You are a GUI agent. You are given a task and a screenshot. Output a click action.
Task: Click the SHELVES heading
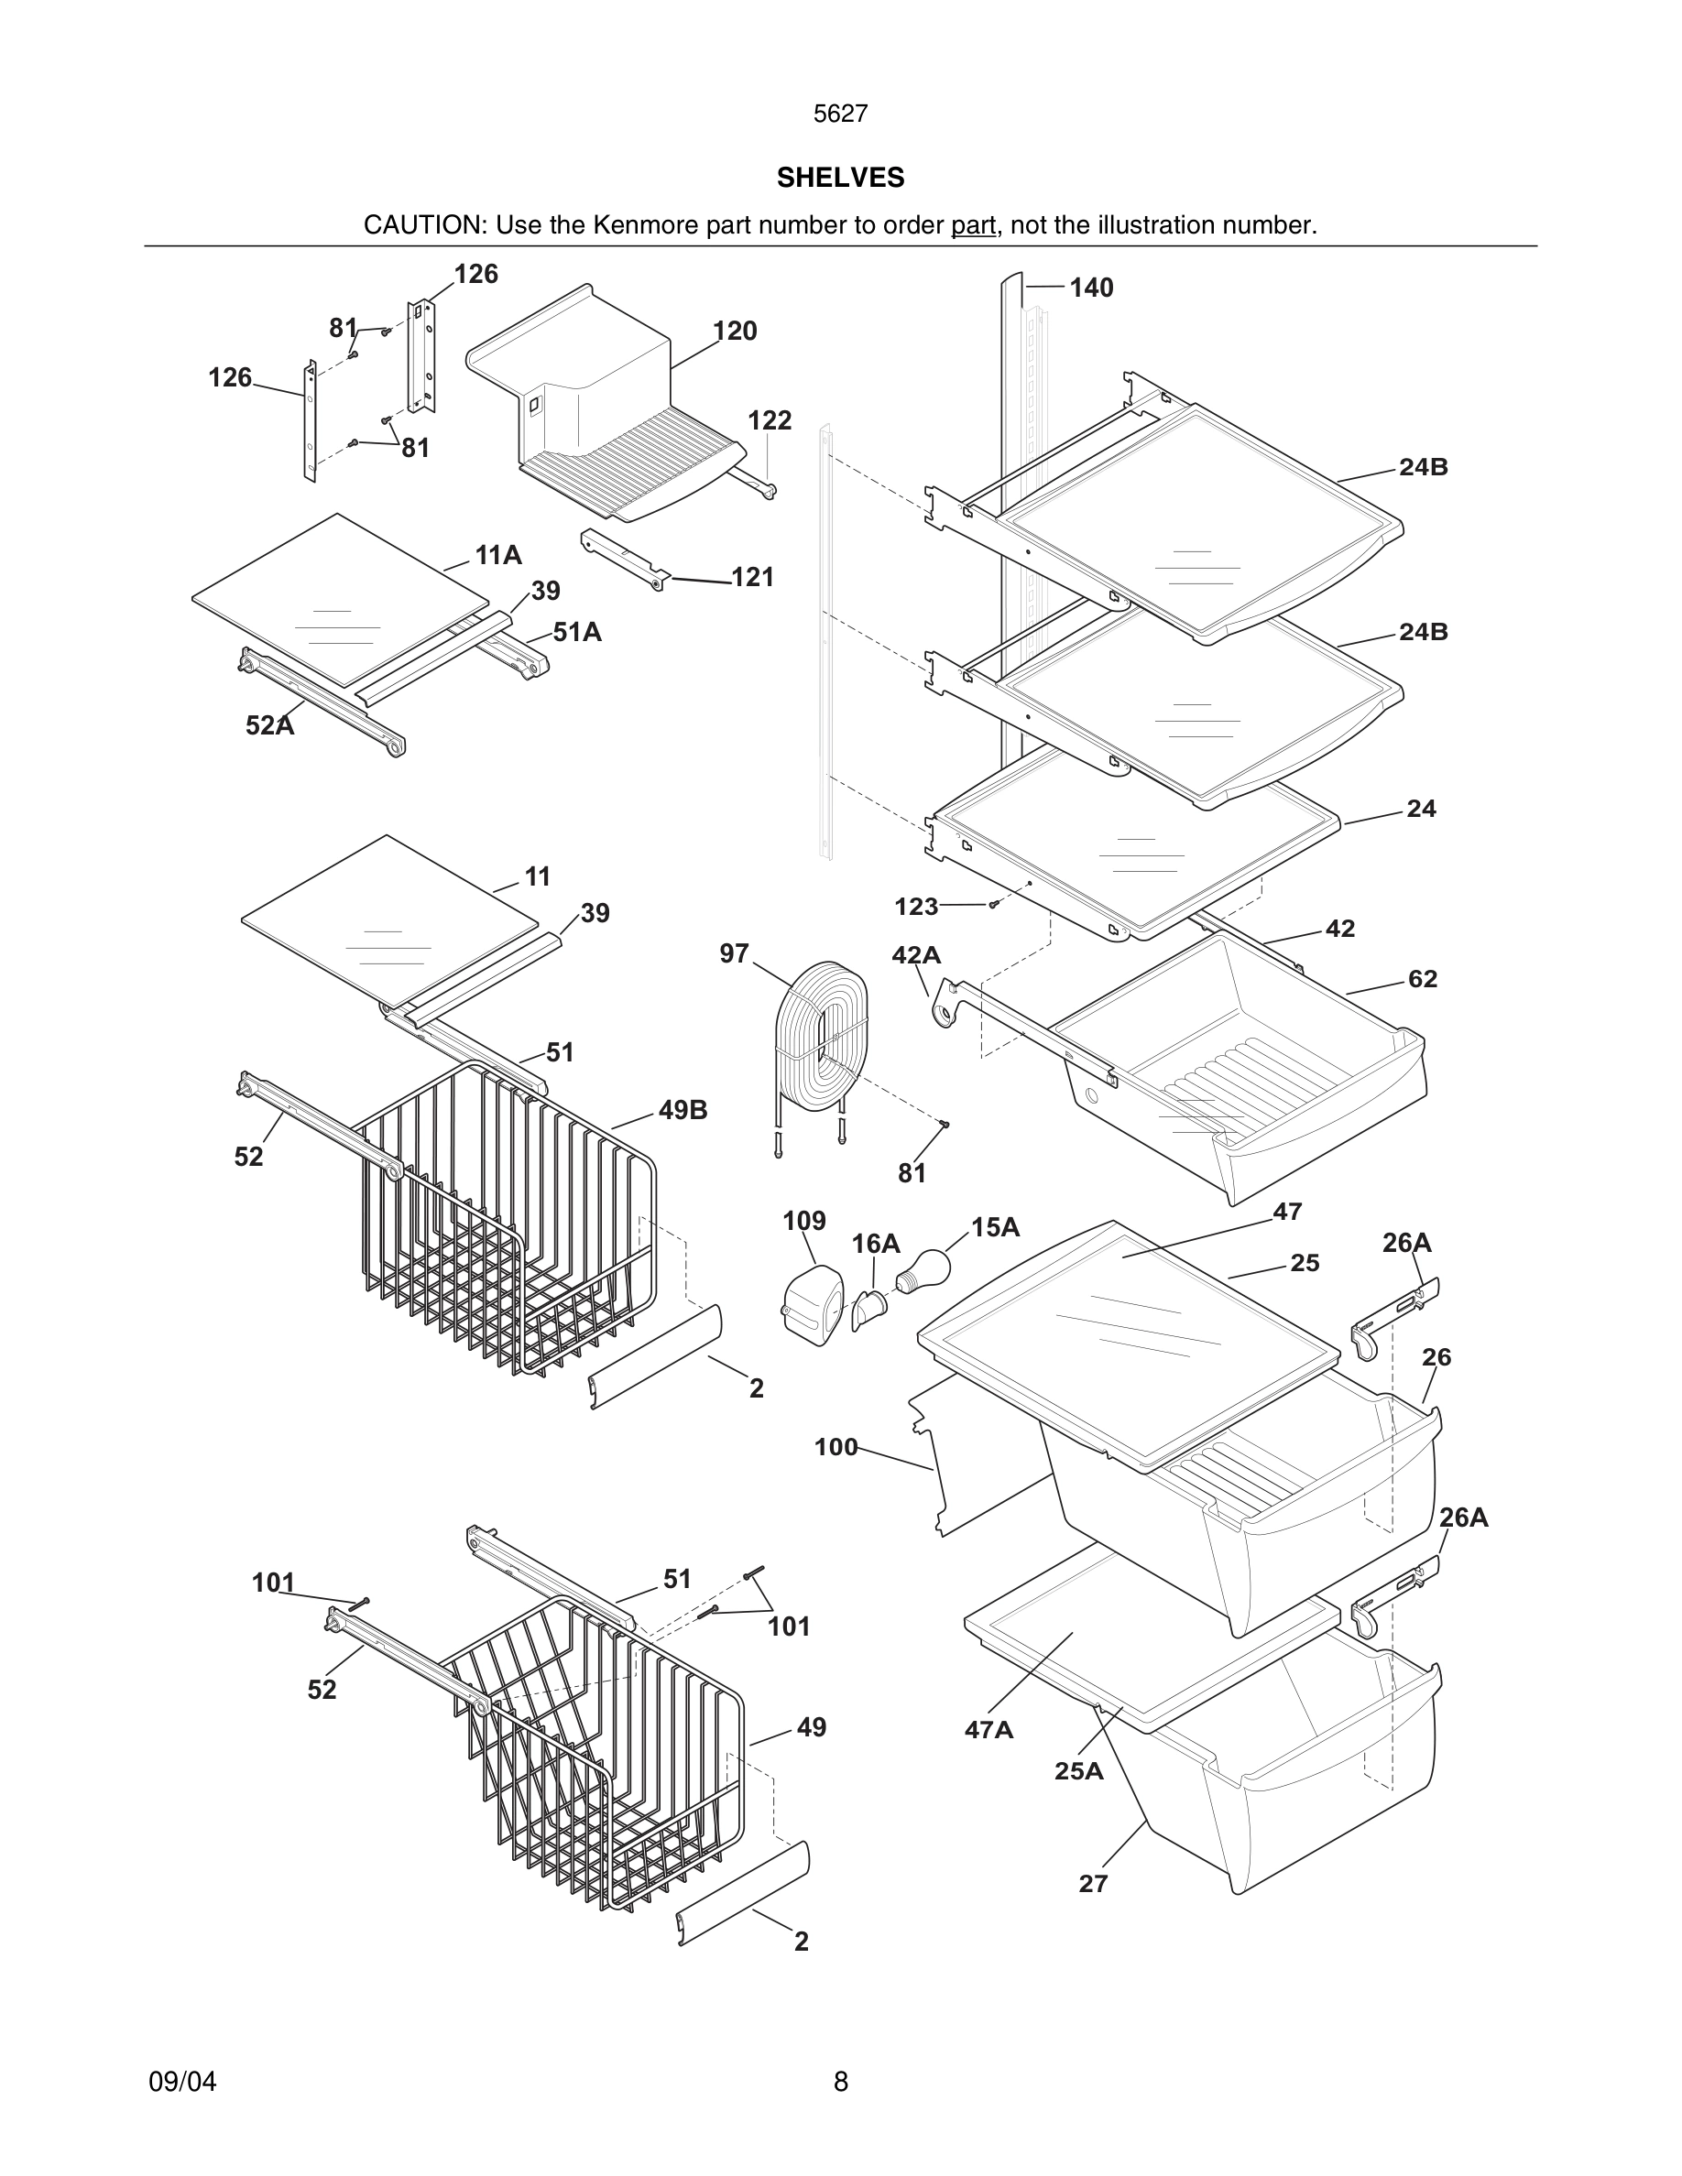[840, 178]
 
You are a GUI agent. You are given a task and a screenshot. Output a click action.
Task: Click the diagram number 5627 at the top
[840, 114]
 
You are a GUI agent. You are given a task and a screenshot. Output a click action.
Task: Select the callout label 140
[1091, 288]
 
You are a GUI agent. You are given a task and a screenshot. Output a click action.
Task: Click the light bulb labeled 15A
[924, 1271]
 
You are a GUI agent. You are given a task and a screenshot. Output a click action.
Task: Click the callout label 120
[735, 331]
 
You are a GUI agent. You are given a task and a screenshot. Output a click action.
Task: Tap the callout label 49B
[683, 1110]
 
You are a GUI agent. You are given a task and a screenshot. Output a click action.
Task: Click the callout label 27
[1093, 1884]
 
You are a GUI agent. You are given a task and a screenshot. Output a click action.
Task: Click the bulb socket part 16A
[868, 1307]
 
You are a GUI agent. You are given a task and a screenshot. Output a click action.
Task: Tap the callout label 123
[916, 907]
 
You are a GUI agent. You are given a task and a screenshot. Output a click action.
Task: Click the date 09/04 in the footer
[182, 2082]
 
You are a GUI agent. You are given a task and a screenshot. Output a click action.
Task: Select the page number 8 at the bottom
[840, 2082]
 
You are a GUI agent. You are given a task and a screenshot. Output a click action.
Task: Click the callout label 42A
[916, 955]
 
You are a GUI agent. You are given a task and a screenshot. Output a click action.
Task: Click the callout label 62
[1422, 979]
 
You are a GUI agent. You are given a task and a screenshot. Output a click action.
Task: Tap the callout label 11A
[498, 555]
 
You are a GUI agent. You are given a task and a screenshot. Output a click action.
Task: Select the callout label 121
[752, 577]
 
